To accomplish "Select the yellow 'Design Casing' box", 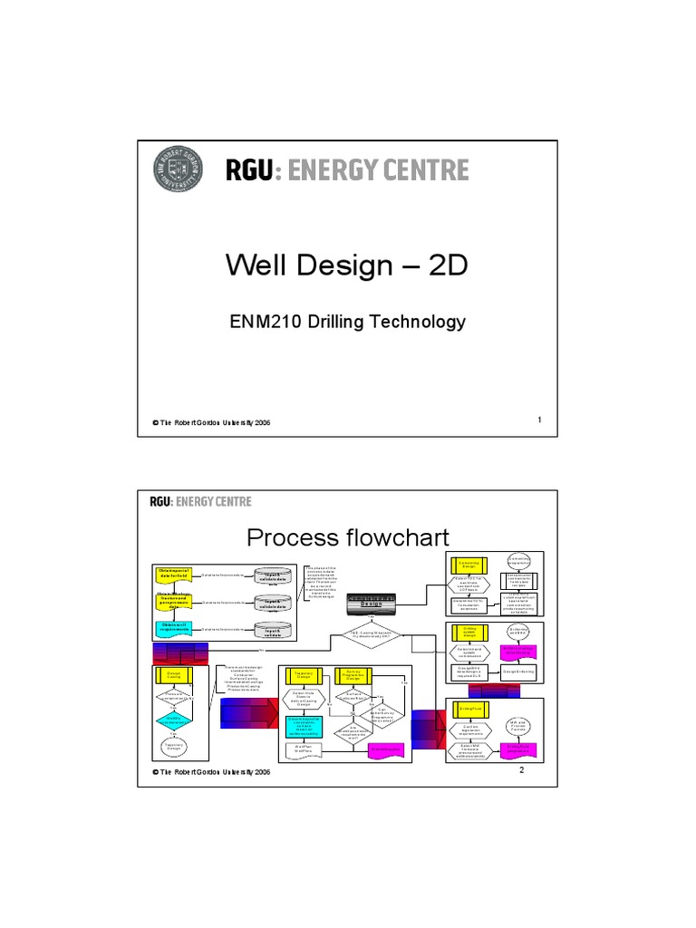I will click(174, 674).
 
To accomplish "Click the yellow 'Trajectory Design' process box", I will click(297, 674).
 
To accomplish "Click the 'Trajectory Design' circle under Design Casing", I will click(174, 747).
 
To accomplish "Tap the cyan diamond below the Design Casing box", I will click(174, 720).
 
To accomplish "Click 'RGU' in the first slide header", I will click(244, 170).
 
